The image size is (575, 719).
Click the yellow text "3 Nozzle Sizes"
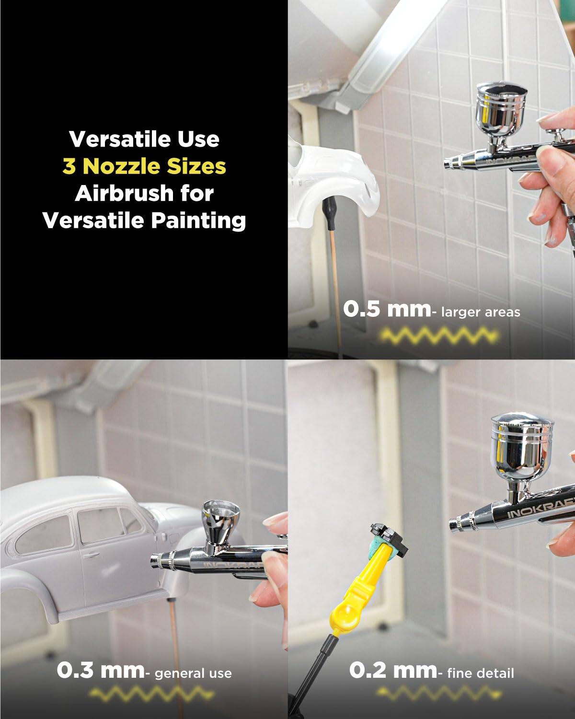point(144,166)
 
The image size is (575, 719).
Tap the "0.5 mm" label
point(386,309)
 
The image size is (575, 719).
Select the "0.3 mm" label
point(100,670)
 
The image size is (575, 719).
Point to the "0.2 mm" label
point(392,670)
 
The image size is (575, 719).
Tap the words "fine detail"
point(480,673)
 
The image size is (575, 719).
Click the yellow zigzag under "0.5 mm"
point(437,336)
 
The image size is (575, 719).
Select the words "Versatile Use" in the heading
point(144,139)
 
